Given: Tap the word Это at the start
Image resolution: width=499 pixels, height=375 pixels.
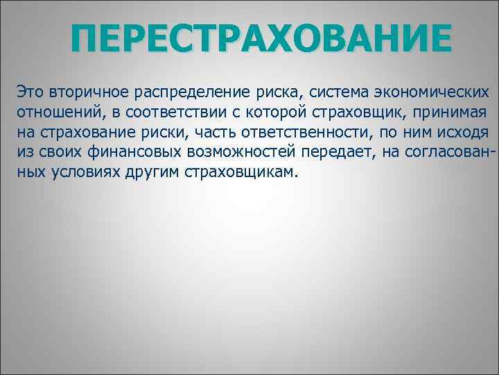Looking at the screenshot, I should (x=30, y=92).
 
